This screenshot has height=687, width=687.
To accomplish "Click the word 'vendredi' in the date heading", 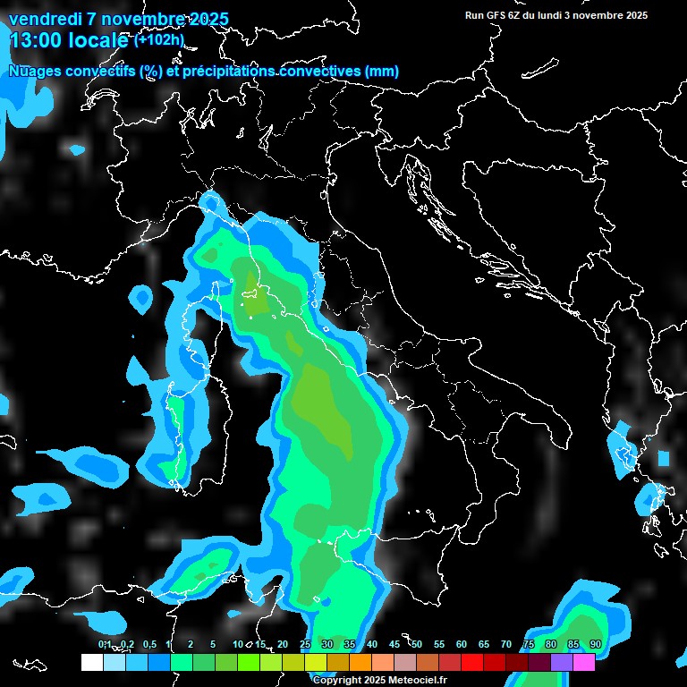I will click(42, 19).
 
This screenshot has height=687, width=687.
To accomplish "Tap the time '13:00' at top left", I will click(36, 39).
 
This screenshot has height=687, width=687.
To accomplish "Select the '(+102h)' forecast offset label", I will click(158, 39).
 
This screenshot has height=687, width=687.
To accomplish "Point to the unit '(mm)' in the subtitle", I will click(381, 71).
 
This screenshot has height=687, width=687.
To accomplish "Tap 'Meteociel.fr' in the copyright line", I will click(422, 680).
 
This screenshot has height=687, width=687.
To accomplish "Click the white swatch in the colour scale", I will click(91, 662).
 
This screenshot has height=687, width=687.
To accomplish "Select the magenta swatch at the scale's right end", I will click(584, 662).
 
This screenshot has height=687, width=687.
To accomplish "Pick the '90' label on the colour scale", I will click(596, 644).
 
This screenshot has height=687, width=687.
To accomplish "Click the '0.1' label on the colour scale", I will click(105, 644).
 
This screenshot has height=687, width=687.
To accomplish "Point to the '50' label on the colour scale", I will click(417, 644).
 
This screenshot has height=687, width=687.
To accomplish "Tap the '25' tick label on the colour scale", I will click(305, 644).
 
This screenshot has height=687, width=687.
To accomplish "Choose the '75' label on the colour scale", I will click(529, 644).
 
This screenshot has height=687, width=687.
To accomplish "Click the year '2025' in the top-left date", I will click(203, 19).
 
